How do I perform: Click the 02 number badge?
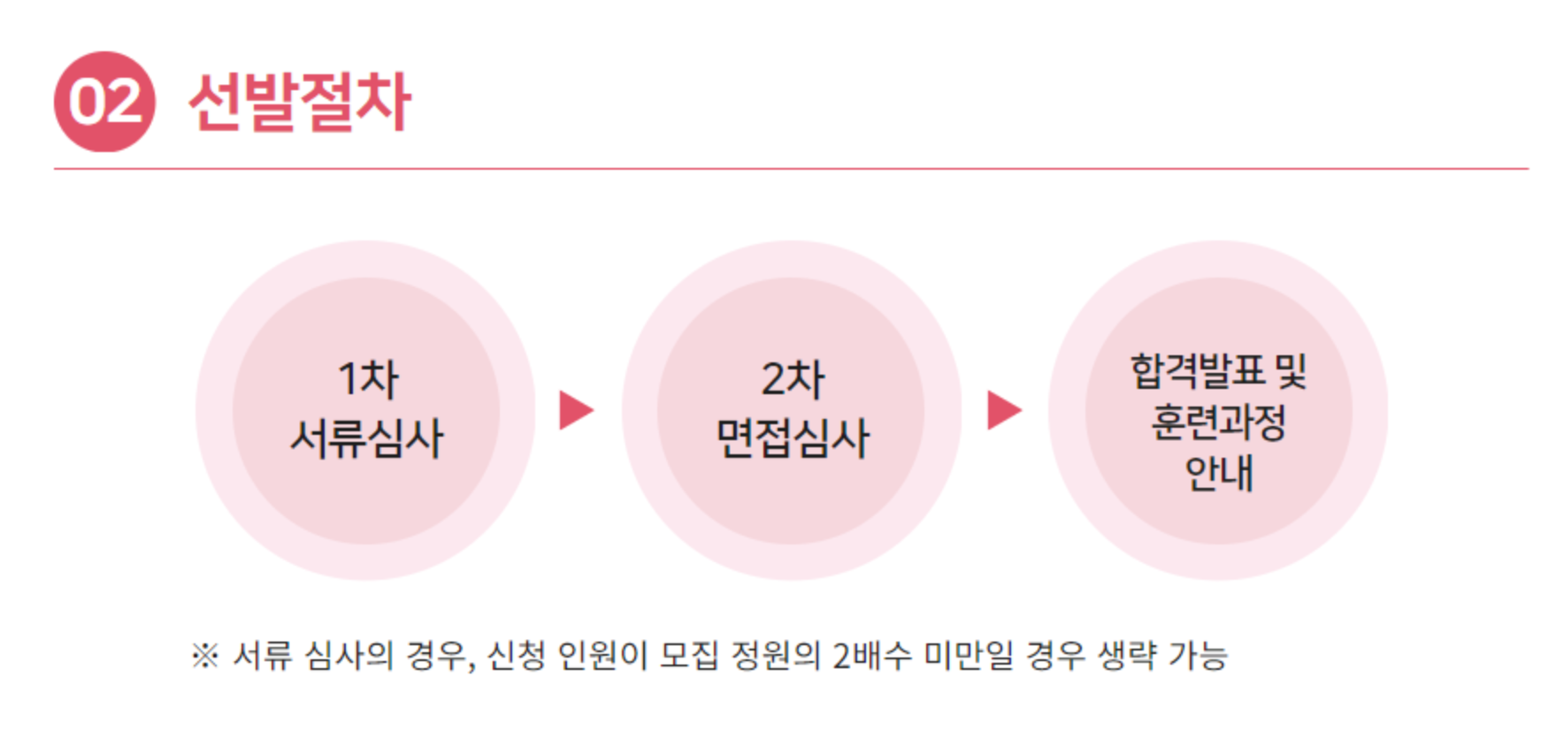(x=104, y=102)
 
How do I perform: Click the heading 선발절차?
(x=300, y=103)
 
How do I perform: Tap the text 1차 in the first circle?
(x=368, y=379)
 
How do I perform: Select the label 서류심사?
(x=367, y=438)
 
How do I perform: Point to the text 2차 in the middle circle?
(x=793, y=379)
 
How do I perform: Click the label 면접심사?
(x=793, y=438)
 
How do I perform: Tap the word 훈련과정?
(x=1218, y=422)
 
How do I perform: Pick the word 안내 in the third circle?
(x=1218, y=473)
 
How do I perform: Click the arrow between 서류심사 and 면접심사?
(x=576, y=410)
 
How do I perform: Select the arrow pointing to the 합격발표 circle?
(x=1004, y=410)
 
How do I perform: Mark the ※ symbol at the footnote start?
(x=204, y=656)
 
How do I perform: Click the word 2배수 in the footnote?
(x=870, y=656)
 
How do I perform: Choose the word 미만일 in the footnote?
(x=969, y=656)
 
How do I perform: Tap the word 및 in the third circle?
(x=1290, y=370)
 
